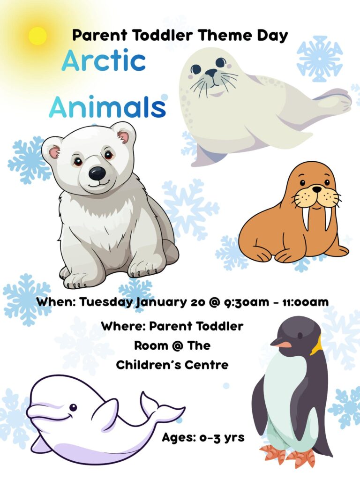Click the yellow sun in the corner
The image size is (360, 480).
point(37,36)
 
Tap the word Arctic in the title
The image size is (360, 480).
point(104,60)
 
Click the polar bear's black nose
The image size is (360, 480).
point(97,173)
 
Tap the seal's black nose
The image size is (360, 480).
point(211,73)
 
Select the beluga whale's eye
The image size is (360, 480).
point(73,407)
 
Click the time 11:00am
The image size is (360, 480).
point(305,302)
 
